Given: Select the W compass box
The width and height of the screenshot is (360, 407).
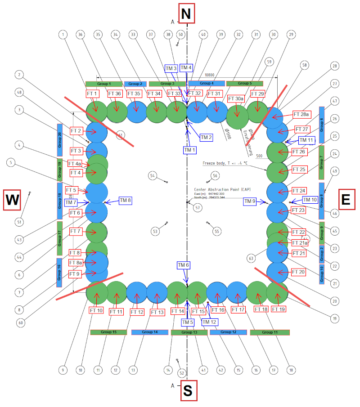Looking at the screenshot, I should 12,200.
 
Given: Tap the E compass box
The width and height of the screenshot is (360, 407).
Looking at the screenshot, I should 346,200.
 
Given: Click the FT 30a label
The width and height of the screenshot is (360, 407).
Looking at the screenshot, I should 237,98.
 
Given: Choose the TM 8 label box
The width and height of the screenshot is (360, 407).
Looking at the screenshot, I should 125,200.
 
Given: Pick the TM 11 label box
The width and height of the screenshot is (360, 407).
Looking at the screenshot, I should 306,140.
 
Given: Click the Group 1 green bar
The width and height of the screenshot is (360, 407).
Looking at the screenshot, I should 104,84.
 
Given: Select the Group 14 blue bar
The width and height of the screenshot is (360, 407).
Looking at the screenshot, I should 150,332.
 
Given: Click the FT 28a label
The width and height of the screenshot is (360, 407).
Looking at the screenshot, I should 302,114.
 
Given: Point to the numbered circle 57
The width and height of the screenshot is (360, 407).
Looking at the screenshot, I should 197,207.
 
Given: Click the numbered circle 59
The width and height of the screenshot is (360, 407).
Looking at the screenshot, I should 270,61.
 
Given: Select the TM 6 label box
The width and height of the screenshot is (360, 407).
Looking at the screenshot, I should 184,265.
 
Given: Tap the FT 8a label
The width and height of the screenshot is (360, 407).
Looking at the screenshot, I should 76,263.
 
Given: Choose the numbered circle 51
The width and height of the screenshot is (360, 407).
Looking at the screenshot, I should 19,222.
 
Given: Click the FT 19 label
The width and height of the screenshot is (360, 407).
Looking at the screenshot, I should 279,309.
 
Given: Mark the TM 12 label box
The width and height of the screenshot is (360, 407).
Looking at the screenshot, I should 209,322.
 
